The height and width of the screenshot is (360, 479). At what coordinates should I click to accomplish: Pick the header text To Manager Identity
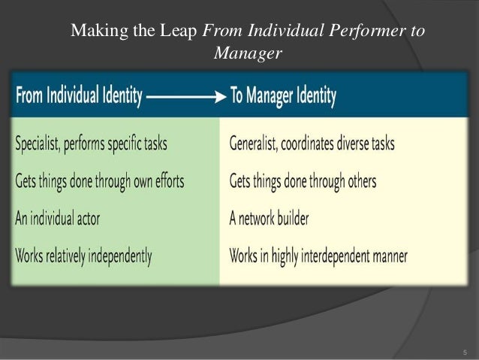point(283,96)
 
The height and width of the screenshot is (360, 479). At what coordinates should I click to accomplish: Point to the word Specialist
point(43,144)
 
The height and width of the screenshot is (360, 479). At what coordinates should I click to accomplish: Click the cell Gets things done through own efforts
point(99,181)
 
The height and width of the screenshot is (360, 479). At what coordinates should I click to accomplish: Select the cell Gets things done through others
point(303,181)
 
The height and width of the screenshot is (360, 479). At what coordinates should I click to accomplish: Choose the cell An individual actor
point(57,219)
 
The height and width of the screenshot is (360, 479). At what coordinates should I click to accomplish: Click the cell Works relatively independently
point(83,256)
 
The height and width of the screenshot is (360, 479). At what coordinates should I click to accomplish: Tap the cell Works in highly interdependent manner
point(318,256)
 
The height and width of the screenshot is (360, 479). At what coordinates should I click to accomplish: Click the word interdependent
point(341,256)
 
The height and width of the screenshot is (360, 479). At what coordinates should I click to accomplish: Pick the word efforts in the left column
point(165,181)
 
